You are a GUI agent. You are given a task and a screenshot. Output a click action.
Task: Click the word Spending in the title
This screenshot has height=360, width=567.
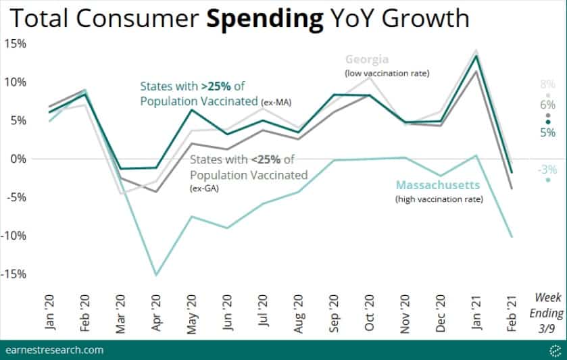pos(264,20)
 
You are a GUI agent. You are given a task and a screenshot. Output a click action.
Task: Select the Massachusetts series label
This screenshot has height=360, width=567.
pos(438,184)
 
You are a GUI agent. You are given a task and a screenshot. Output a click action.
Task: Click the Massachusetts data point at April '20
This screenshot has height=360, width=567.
pos(156,275)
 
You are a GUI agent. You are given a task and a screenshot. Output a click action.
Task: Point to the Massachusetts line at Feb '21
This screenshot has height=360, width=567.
pos(510,236)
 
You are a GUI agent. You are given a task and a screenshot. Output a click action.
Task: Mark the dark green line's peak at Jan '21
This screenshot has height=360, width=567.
pos(476,56)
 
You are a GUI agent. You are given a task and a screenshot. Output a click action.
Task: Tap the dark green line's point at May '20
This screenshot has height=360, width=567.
pos(192,110)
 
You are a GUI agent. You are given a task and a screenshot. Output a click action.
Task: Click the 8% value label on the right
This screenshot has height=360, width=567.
pos(547,85)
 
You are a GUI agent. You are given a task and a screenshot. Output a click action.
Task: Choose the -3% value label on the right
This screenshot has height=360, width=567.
pos(547,170)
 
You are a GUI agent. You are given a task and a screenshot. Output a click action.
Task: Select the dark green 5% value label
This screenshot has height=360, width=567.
pos(547,133)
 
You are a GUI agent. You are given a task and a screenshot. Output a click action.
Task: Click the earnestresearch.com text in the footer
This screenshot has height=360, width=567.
pos(54,349)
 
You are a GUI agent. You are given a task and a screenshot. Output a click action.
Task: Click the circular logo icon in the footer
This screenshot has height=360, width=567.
pos(554,349)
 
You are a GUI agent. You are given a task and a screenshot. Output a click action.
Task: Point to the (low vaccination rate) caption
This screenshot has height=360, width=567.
pos(387,72)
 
